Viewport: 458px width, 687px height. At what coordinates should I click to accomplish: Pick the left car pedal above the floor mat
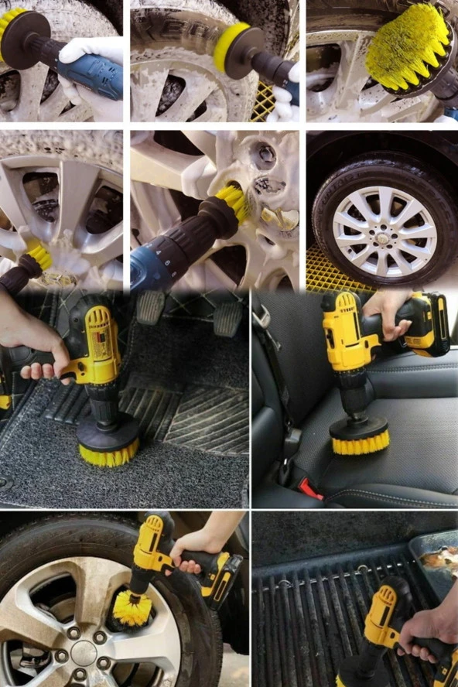coord(150,306)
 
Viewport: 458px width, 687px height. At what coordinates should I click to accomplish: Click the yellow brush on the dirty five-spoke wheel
coord(128,607)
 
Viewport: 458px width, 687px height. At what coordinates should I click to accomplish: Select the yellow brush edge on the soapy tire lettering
coord(220,46)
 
